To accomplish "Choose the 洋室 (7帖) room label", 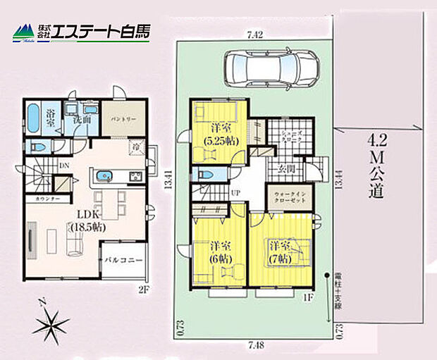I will coord(281,252).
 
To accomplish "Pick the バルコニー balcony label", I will coord(124,260).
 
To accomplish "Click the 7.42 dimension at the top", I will coord(255,34).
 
